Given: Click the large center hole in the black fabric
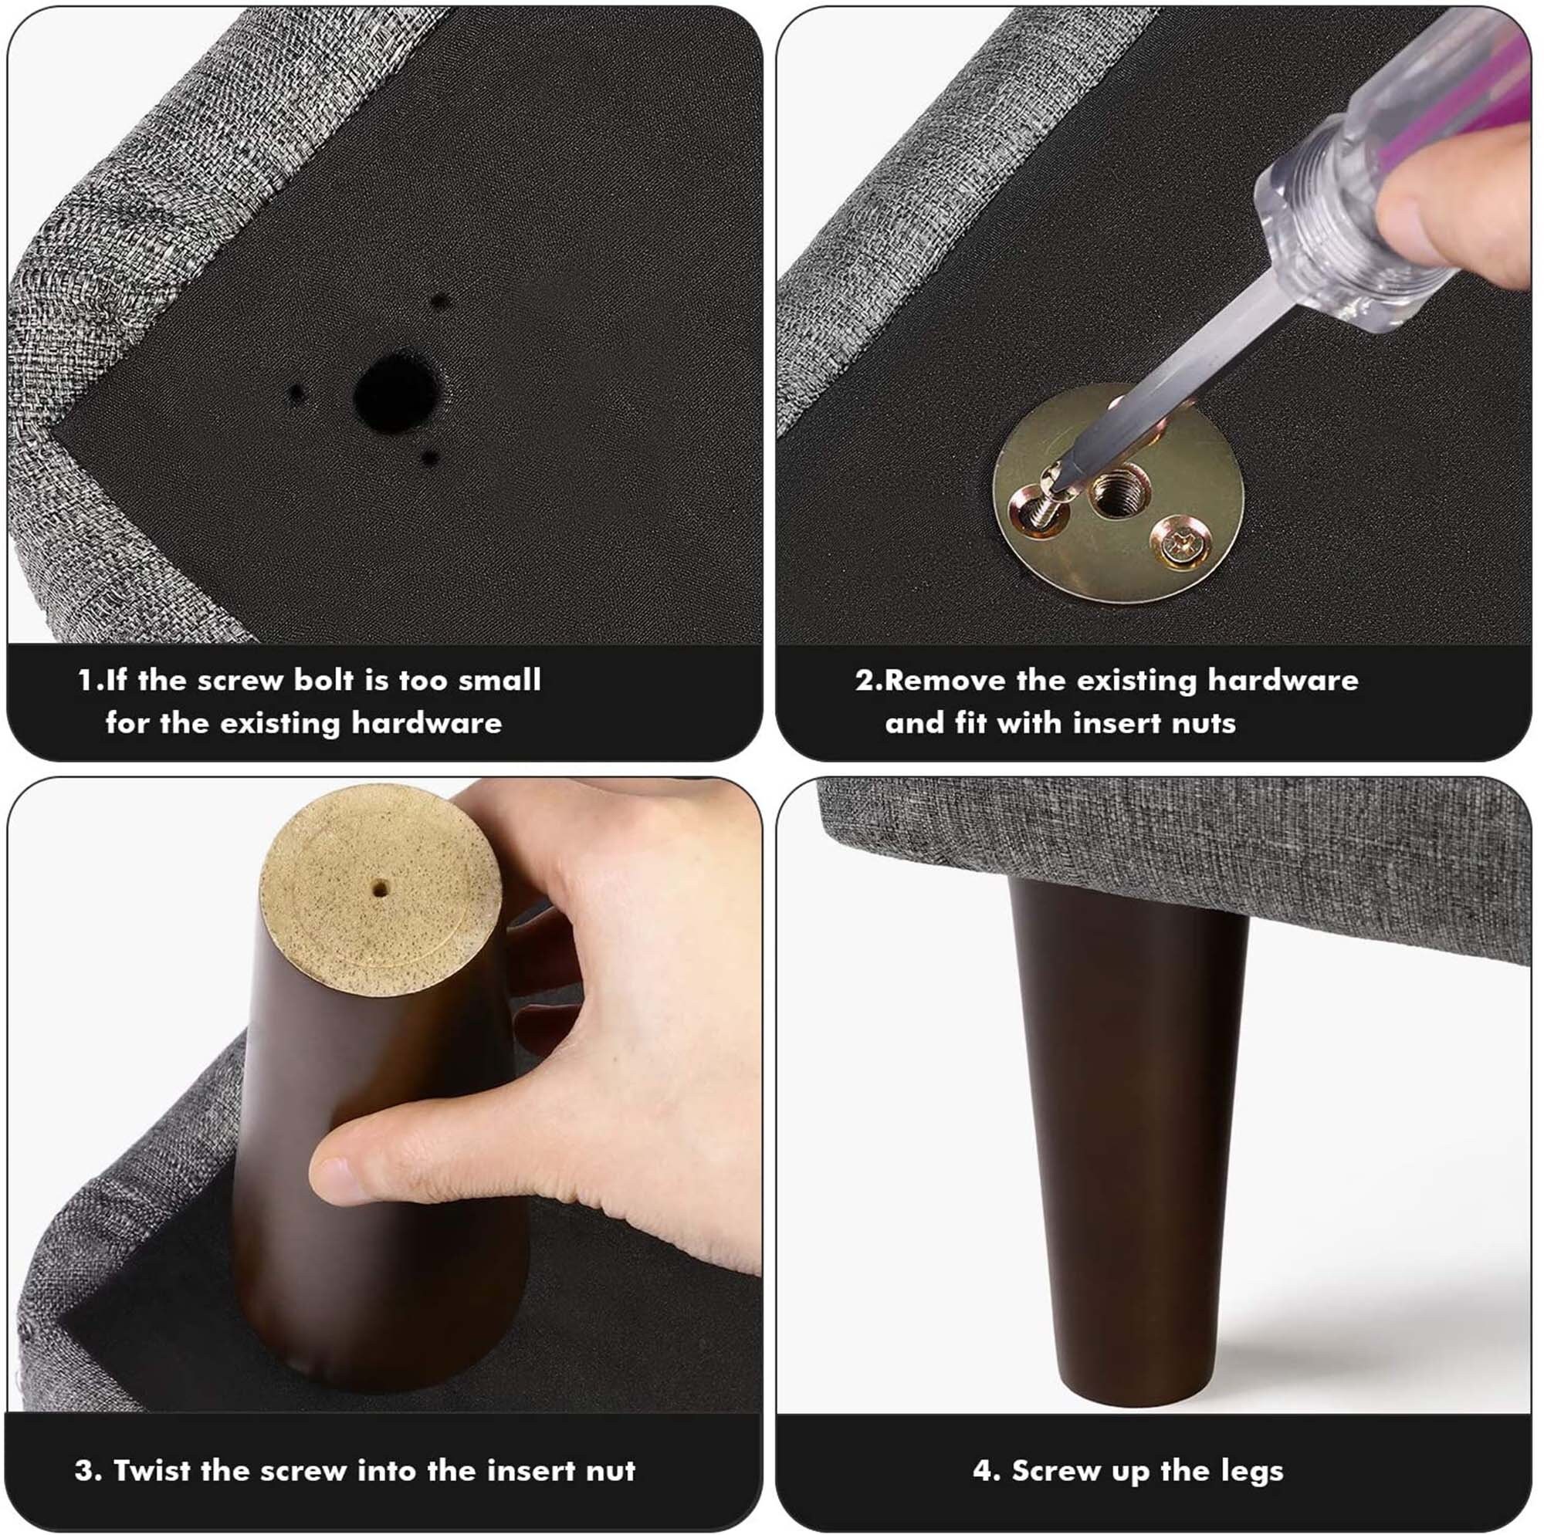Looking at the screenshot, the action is pyautogui.click(x=395, y=394).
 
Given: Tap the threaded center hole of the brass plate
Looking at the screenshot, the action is pyautogui.click(x=1119, y=495).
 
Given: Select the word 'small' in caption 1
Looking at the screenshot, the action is pyautogui.click(x=499, y=680).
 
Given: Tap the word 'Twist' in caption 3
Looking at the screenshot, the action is pyautogui.click(x=152, y=1470).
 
